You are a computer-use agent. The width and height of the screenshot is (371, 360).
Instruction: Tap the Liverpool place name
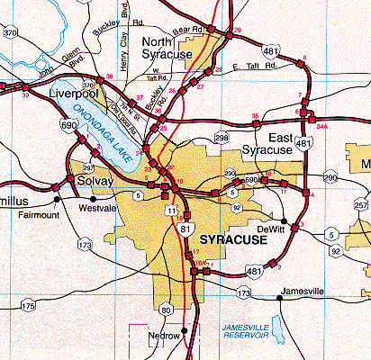(x=73, y=94)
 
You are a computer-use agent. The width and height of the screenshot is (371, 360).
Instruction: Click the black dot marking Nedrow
(x=185, y=330)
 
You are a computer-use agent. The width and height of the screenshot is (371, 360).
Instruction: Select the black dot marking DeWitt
(x=285, y=220)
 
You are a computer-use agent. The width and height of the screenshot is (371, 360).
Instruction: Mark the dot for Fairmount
(x=57, y=198)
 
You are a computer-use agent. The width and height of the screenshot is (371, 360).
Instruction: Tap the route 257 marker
(x=362, y=207)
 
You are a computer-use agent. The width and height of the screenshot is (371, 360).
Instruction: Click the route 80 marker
(x=166, y=310)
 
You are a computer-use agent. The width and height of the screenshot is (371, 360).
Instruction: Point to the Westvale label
(x=99, y=207)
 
